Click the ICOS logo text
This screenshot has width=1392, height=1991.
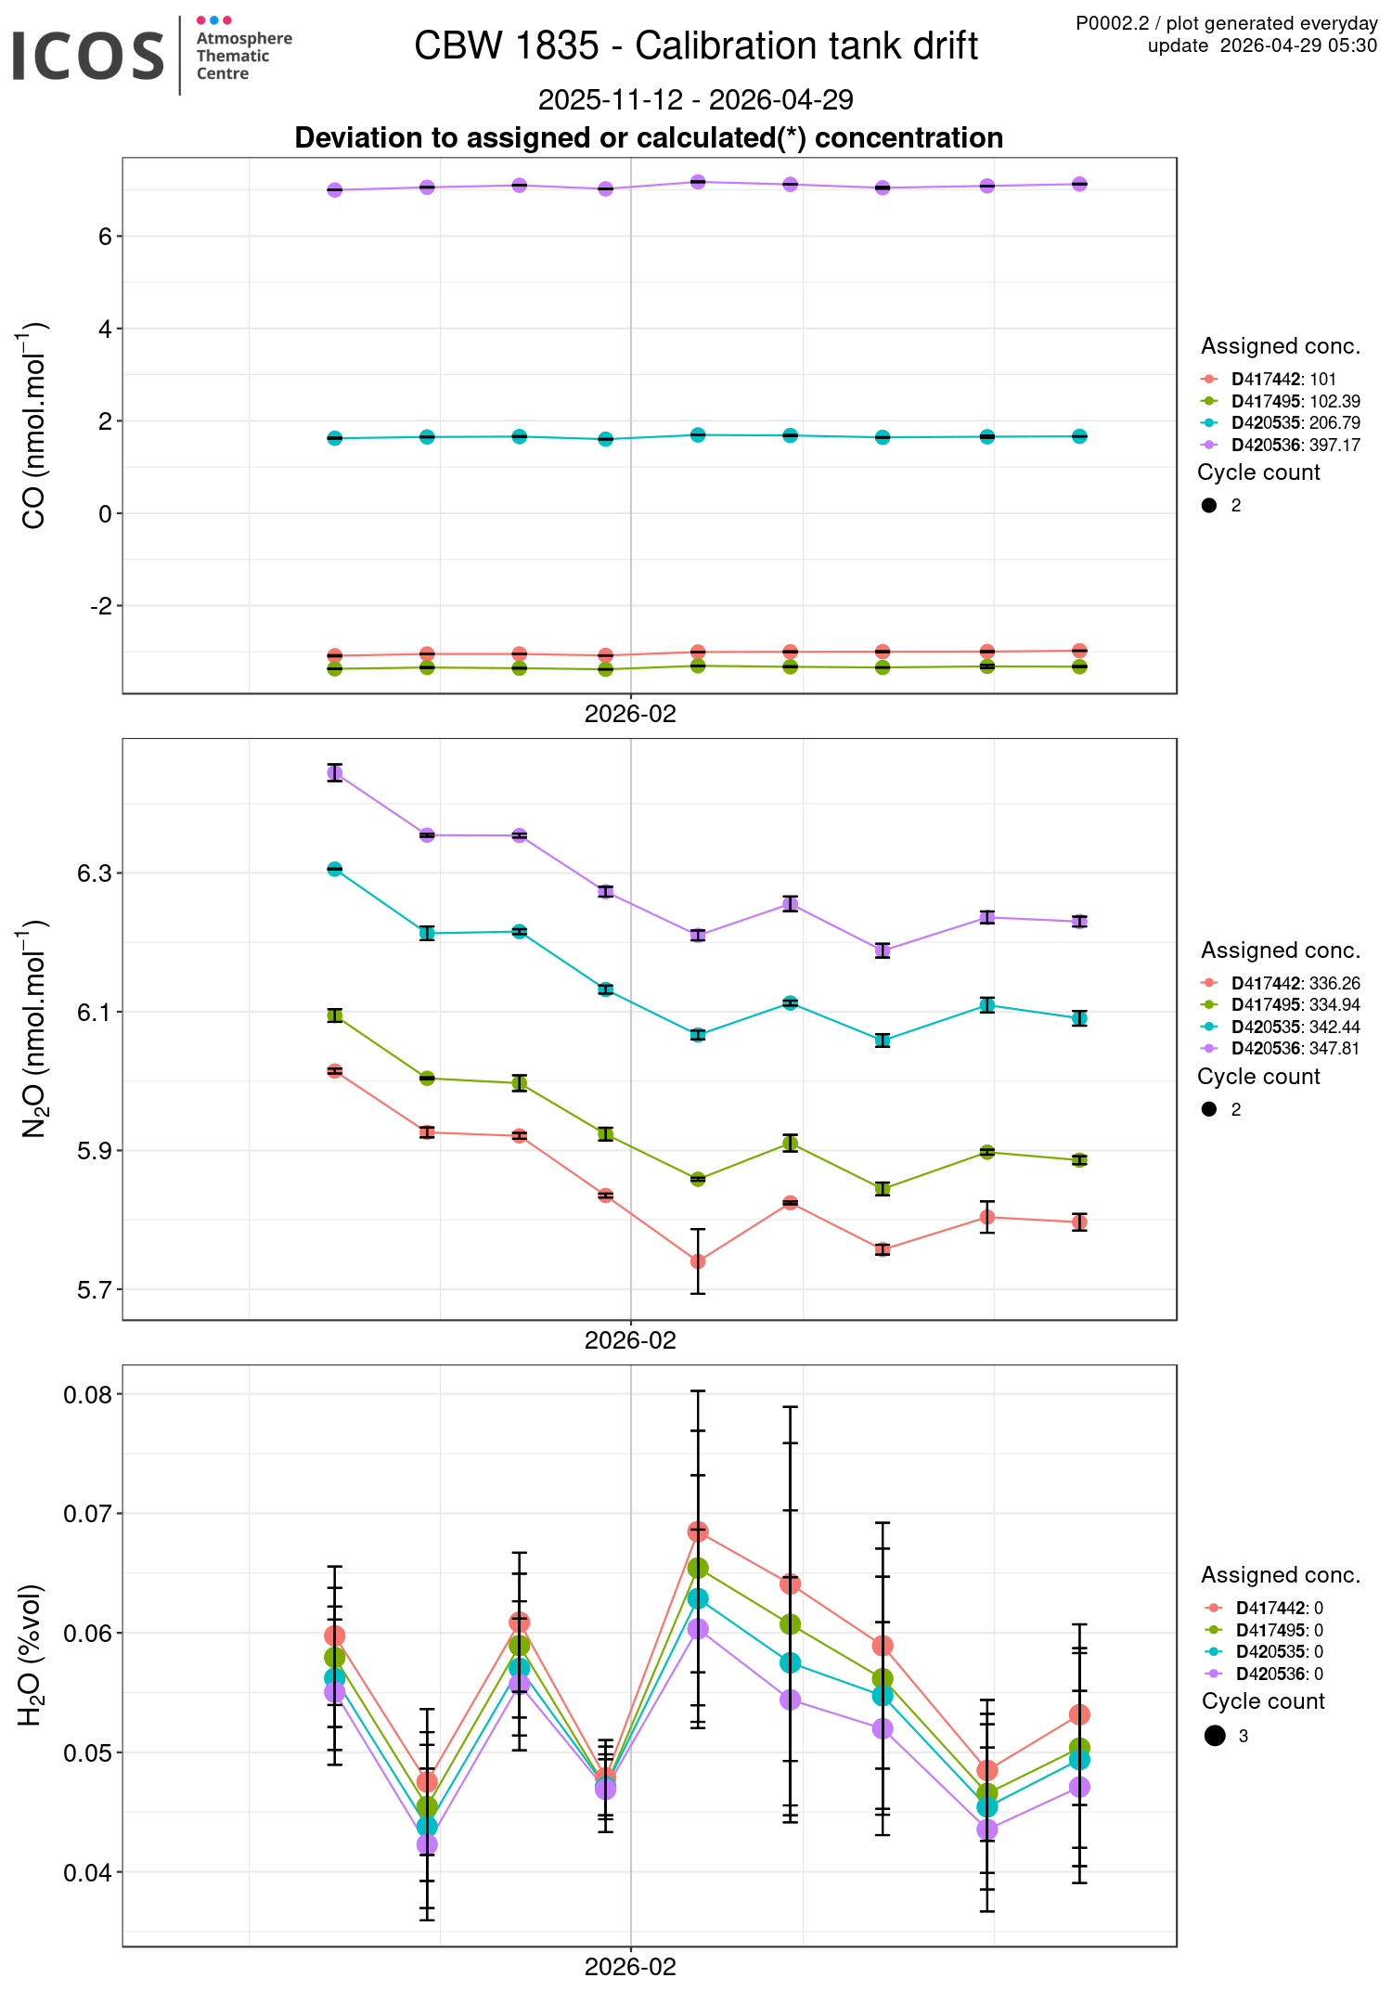88,56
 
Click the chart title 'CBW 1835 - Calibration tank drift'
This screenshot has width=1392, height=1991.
696,45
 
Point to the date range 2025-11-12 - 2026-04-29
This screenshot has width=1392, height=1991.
696,99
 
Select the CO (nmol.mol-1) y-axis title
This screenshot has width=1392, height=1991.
34,425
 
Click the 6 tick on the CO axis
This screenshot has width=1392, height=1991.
104,237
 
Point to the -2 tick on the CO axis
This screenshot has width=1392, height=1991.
100,606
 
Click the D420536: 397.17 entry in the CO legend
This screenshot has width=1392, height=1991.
1295,446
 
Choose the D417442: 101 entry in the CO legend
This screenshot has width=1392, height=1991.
1282,379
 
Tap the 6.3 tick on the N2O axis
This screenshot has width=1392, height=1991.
95,873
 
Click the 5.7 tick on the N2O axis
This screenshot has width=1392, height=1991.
95,1290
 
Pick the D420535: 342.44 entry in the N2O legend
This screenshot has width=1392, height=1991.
1295,1027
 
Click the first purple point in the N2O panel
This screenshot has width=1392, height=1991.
335,772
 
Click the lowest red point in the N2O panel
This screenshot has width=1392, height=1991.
698,1261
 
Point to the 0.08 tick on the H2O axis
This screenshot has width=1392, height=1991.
87,1395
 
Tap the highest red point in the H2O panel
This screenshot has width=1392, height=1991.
698,1531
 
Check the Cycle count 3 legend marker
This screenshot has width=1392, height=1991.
1215,1736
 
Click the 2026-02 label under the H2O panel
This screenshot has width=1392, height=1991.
630,1966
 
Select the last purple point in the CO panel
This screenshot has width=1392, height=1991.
1079,184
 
